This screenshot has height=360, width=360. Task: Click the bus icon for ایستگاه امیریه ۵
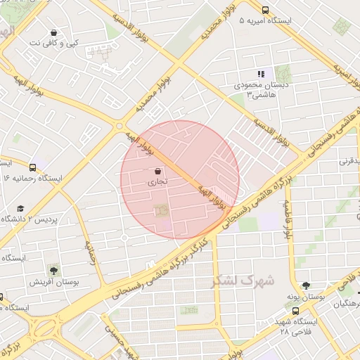(265, 10)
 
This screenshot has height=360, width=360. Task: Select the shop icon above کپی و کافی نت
(54, 32)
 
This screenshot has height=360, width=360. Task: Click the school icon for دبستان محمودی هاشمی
(260, 73)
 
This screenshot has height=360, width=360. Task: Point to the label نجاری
(156, 181)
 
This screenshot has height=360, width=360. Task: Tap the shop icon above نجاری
(157, 171)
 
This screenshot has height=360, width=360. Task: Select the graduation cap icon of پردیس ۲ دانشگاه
(20, 209)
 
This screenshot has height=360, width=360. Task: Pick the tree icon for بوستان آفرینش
(53, 269)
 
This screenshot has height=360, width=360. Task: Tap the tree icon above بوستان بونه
(306, 285)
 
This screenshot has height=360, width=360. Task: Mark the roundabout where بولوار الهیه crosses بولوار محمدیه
(120, 125)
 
